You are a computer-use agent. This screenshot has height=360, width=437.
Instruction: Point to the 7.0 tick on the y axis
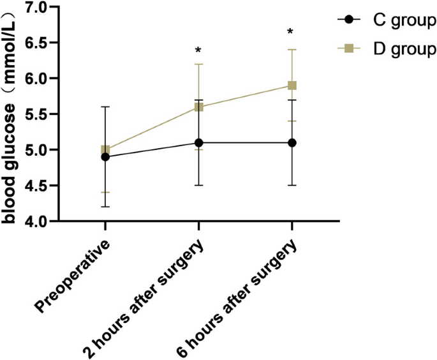38,8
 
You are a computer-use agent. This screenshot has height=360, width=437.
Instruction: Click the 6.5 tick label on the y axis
38,43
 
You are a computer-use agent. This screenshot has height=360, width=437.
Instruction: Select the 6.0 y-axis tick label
38,79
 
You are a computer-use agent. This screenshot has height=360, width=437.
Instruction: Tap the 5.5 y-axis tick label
38,114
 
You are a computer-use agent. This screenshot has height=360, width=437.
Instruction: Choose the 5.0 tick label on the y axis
38,150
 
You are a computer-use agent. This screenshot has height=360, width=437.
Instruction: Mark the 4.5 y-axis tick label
38,186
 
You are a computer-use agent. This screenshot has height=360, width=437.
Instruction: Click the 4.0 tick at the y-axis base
38,221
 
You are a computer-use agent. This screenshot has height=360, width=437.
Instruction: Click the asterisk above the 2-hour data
198,50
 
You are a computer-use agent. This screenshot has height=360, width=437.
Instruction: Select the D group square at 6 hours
292,86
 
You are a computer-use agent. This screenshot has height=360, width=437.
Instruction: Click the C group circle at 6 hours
292,142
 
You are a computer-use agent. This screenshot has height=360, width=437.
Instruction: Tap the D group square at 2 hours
198,107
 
